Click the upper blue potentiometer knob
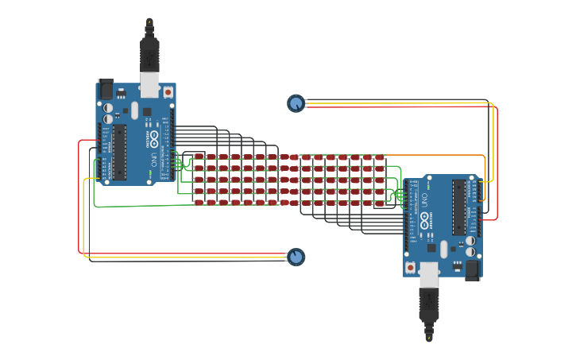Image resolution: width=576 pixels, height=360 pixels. [x=296, y=103]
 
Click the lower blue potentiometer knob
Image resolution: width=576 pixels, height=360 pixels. [x=296, y=256]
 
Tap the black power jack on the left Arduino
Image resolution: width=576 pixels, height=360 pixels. [x=105, y=88]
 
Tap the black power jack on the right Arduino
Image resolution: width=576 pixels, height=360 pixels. [x=473, y=269]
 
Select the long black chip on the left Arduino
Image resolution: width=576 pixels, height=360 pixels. [x=119, y=152]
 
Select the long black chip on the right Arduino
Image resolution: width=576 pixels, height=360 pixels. [x=459, y=207]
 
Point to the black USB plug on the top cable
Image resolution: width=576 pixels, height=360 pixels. [x=149, y=52]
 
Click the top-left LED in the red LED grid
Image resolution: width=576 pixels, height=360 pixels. [x=199, y=157]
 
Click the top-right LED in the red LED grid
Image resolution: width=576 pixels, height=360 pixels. [x=380, y=157]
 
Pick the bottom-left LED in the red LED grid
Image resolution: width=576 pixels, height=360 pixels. [x=199, y=203]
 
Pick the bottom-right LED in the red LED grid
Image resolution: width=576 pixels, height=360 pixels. [x=380, y=203]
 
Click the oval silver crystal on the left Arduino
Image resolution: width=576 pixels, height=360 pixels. [x=135, y=110]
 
